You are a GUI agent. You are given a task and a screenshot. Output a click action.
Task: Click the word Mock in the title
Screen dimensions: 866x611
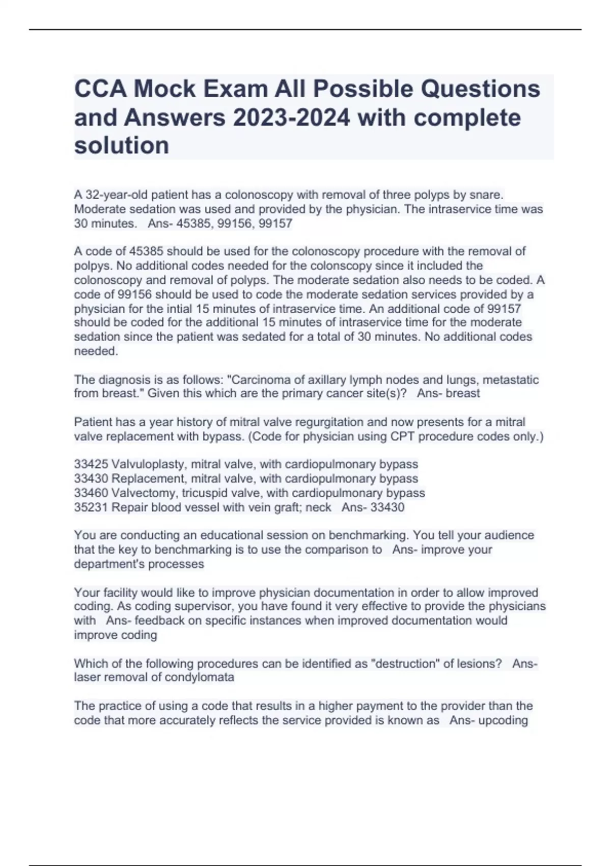click(x=164, y=89)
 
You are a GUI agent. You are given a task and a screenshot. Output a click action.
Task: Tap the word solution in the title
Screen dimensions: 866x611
click(x=122, y=145)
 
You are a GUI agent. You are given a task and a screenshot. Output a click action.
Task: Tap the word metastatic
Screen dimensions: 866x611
click(x=510, y=380)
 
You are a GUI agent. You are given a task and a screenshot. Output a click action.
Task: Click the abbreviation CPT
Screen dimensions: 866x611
click(x=402, y=437)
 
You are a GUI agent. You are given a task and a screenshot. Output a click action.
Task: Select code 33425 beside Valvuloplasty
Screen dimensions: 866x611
click(x=91, y=464)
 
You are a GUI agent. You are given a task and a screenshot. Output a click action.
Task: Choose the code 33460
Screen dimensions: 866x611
click(x=91, y=493)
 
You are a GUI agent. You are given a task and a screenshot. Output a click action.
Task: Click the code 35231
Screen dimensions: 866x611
click(x=91, y=507)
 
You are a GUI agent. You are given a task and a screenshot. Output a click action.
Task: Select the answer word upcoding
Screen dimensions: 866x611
click(x=503, y=720)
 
